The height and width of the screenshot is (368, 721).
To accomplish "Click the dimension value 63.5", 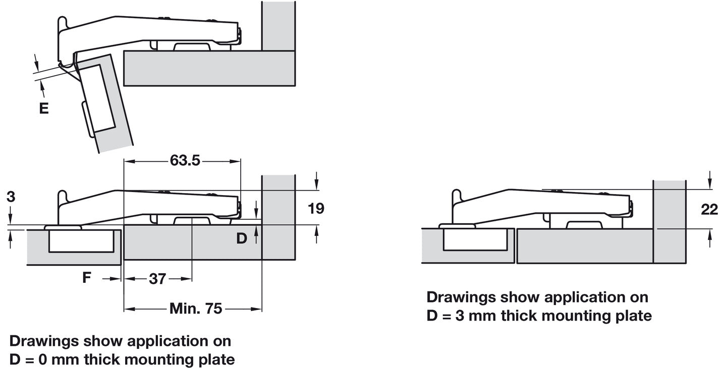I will pyautogui.click(x=185, y=160).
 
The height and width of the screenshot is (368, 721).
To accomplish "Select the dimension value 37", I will pyautogui.click(x=157, y=278).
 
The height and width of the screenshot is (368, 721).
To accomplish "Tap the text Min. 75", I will pyautogui.click(x=196, y=309).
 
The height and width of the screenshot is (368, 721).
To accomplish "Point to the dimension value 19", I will pyautogui.click(x=316, y=208).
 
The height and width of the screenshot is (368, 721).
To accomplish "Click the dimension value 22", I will pyautogui.click(x=709, y=209).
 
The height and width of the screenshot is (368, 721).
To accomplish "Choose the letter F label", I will pyautogui.click(x=87, y=277).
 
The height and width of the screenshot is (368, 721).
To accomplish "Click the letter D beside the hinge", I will pyautogui.click(x=242, y=238).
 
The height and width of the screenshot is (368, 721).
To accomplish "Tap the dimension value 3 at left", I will pyautogui.click(x=11, y=197).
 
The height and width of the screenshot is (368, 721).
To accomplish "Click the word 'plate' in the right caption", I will pyautogui.click(x=633, y=316).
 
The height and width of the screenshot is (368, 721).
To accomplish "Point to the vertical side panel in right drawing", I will pyautogui.click(x=670, y=222).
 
